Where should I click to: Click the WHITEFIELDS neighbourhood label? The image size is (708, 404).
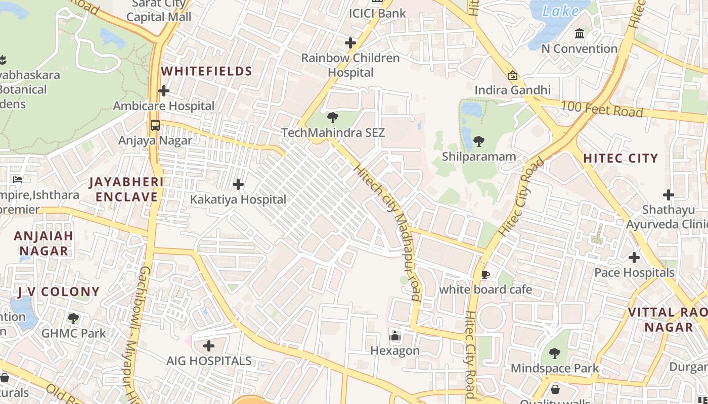tap(206, 71)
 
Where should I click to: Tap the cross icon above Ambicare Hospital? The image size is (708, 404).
tap(163, 91)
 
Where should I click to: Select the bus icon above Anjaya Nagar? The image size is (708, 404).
tap(155, 125)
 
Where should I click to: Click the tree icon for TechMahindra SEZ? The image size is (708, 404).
tap(332, 118)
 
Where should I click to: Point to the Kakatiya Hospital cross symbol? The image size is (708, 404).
tap(238, 184)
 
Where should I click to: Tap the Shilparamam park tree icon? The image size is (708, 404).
tap(478, 141)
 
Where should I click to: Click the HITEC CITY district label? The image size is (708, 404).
tap(620, 158)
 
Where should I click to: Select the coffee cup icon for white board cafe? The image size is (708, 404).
tap(485, 275)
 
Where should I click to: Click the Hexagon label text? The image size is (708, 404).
tap(394, 350)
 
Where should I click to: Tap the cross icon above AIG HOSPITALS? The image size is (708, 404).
tap(208, 346)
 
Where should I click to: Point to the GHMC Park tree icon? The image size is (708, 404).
tap(73, 318)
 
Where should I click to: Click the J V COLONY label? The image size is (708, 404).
tap(58, 291)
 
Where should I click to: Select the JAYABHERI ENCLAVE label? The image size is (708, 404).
tap(126, 189)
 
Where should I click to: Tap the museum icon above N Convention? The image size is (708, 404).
tap(580, 34)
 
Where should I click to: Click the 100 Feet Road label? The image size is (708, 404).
tap(602, 109)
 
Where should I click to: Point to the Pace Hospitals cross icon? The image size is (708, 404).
tap(634, 258)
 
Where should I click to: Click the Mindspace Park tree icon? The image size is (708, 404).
tap(554, 353)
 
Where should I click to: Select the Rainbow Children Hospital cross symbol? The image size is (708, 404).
tap(350, 43)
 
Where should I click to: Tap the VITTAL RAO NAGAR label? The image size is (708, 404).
tap(668, 319)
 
